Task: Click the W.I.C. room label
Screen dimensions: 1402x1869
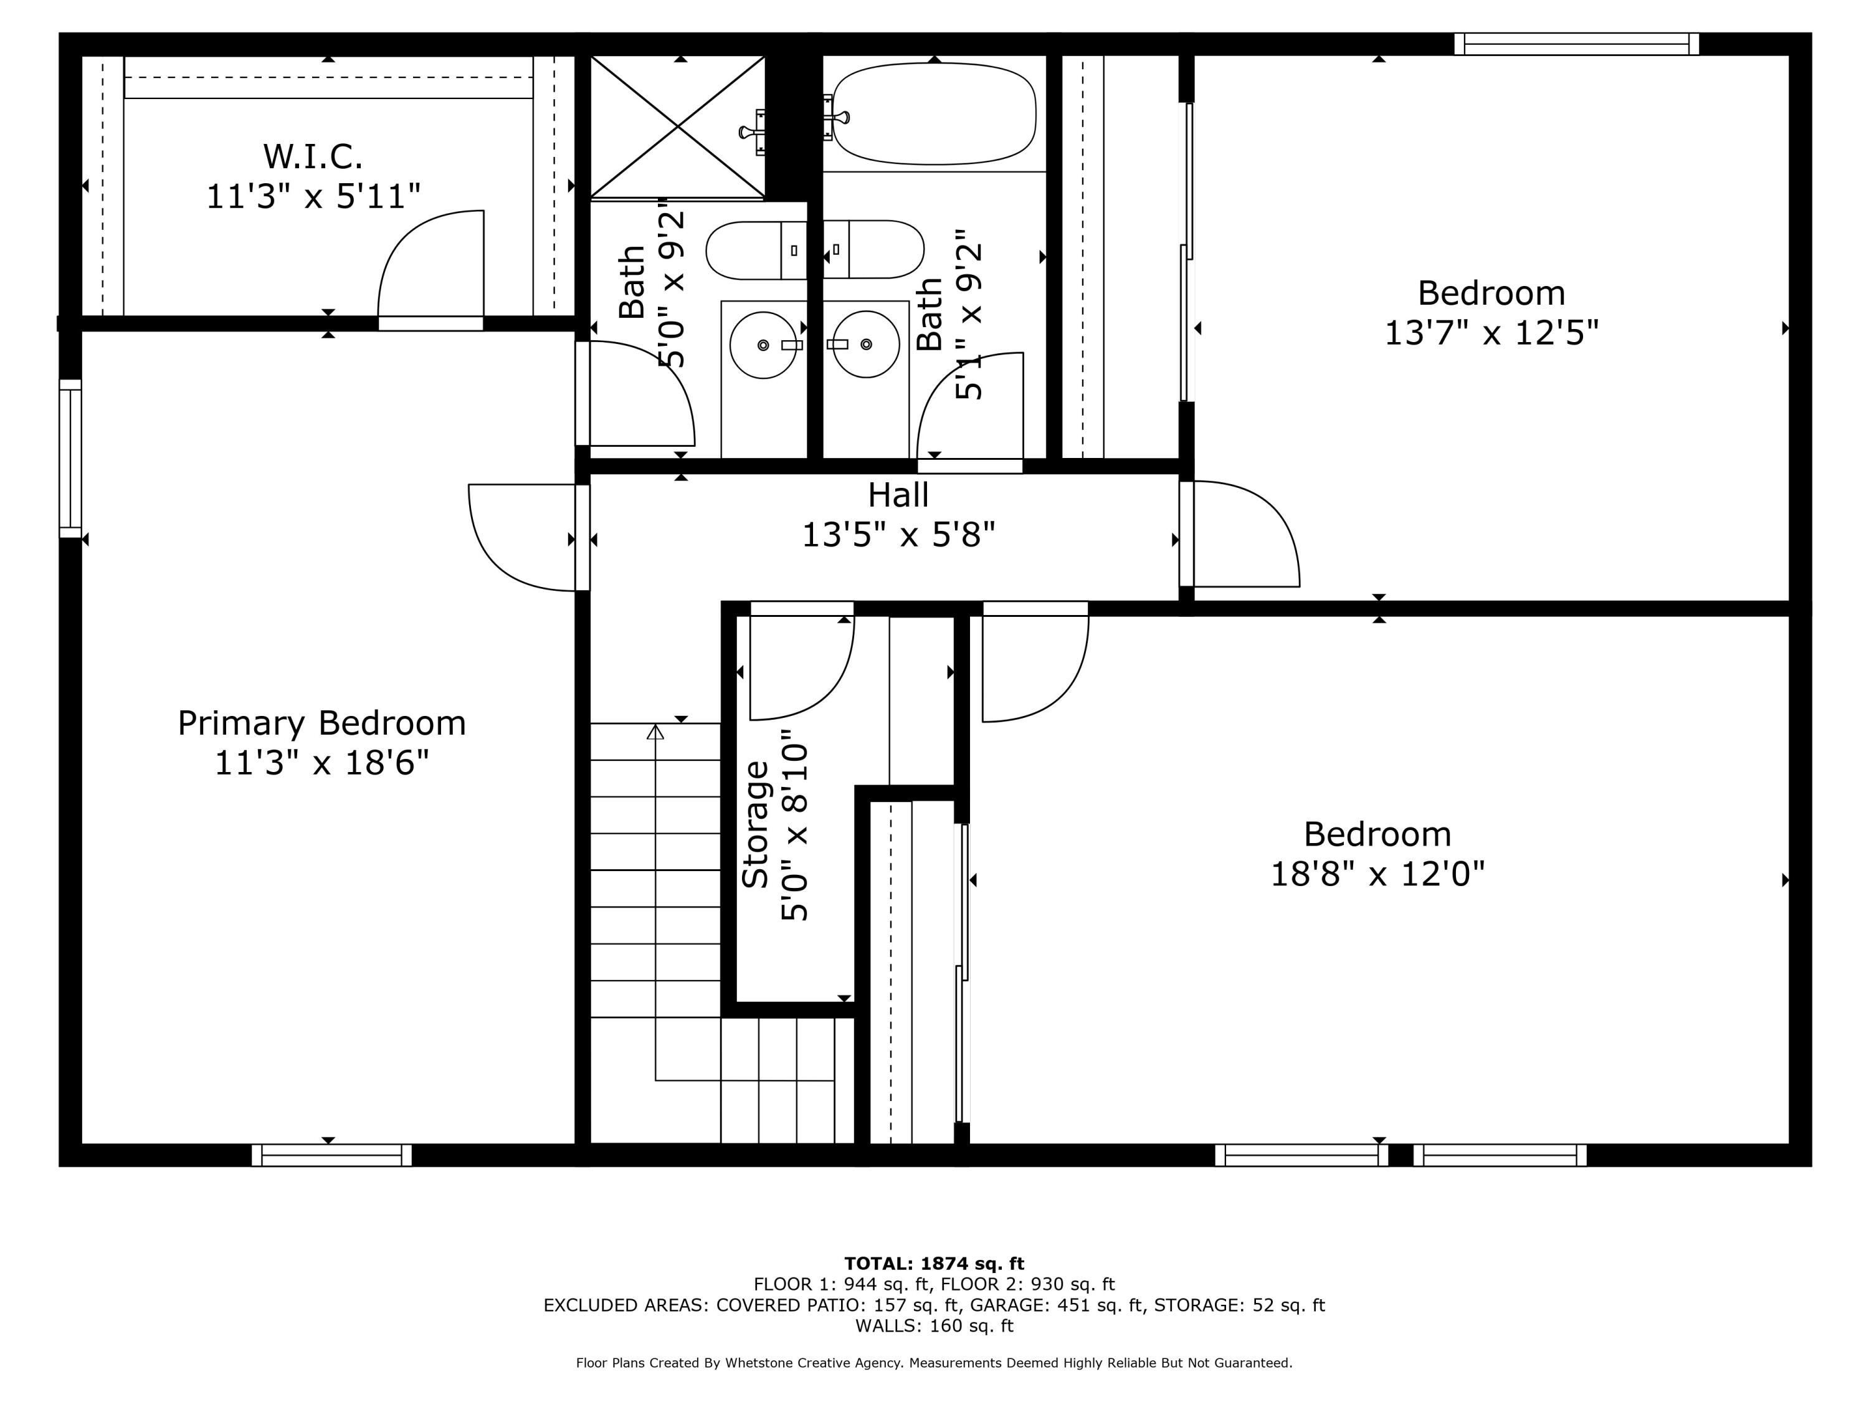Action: click(313, 156)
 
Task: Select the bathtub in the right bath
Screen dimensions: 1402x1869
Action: click(934, 113)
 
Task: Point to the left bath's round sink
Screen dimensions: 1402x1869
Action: click(763, 345)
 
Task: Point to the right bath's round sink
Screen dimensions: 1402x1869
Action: click(866, 345)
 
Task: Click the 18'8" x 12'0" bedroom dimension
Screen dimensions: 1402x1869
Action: click(1377, 874)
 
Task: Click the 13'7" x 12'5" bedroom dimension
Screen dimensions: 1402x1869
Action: click(1491, 333)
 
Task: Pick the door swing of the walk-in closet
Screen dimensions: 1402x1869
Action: click(432, 264)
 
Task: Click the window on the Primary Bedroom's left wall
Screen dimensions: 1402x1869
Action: click(70, 458)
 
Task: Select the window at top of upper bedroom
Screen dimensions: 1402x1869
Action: click(1577, 44)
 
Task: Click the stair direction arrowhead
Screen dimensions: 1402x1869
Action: click(655, 732)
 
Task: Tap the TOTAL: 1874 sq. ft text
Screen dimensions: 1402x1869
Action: click(934, 1264)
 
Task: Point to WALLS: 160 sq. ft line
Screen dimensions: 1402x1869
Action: click(934, 1326)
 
